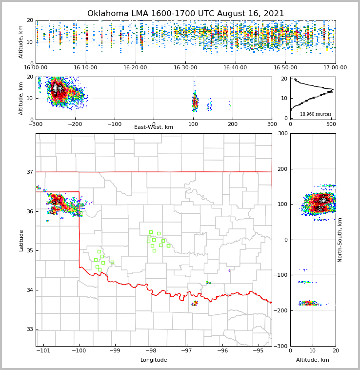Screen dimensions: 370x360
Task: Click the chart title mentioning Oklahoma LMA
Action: pyautogui.click(x=185, y=14)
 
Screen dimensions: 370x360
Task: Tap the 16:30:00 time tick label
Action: pyautogui.click(x=185, y=68)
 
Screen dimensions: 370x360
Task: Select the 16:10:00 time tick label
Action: pyautogui.click(x=85, y=68)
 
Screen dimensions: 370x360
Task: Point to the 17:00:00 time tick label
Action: pyautogui.click(x=335, y=68)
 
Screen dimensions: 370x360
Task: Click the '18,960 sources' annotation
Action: pyautogui.click(x=316, y=114)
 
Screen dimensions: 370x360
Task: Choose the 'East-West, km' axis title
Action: pyautogui.click(x=154, y=127)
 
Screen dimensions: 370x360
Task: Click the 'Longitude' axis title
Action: pyautogui.click(x=154, y=360)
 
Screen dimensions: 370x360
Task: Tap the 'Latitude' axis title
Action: pyautogui.click(x=21, y=240)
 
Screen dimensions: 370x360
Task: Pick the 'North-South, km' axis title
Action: pyautogui.click(x=340, y=240)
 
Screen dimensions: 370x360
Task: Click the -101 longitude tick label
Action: pyautogui.click(x=43, y=350)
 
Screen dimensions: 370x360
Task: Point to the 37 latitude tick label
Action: pyautogui.click(x=29, y=172)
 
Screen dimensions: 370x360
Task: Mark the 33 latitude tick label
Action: pyautogui.click(x=29, y=329)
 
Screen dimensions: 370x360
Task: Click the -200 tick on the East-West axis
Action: pyautogui.click(x=75, y=124)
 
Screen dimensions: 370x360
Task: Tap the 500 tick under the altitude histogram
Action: pyautogui.click(x=331, y=124)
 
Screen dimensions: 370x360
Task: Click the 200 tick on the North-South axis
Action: pyautogui.click(x=281, y=169)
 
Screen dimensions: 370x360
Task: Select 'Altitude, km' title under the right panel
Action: pyautogui.click(x=313, y=360)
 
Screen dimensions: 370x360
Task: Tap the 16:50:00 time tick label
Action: pyautogui.click(x=285, y=68)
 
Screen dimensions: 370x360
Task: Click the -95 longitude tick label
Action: pyautogui.click(x=258, y=350)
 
